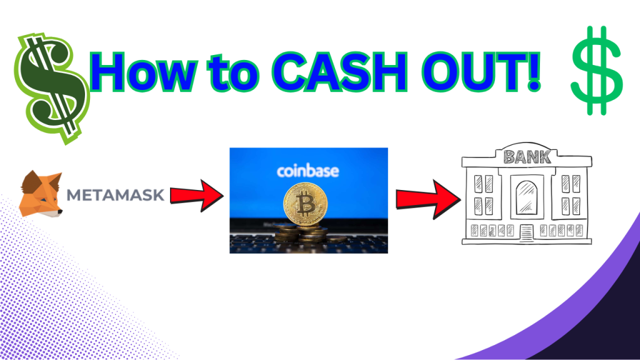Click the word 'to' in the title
point(233,74)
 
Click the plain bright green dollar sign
point(597,71)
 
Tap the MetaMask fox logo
point(41,194)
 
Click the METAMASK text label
point(116,195)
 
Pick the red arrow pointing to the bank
point(429,199)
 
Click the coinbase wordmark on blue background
point(307,171)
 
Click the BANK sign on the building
point(527,157)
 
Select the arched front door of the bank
point(526,197)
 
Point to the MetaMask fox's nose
point(60,211)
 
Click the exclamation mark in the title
point(534,71)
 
